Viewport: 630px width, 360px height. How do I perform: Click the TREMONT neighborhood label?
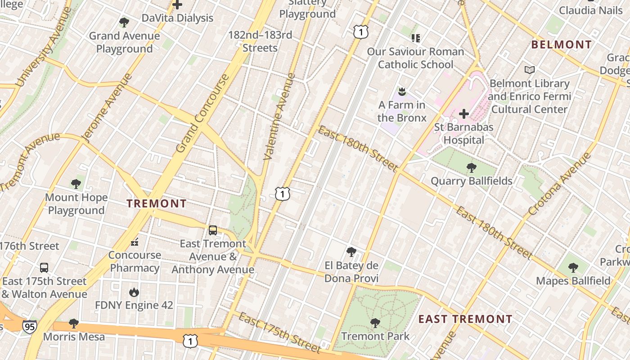[x=156, y=203]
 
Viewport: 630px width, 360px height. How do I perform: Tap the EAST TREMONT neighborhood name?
[x=465, y=319]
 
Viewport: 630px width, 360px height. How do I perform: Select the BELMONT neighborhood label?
[x=561, y=45]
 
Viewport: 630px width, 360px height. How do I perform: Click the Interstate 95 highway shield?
[x=30, y=326]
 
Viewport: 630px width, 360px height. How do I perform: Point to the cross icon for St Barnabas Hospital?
[x=464, y=114]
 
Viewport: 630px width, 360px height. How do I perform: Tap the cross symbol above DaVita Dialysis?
[x=177, y=5]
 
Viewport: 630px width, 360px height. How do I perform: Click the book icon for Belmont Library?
[x=530, y=70]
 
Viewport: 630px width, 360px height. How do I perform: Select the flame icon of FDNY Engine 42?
[x=134, y=292]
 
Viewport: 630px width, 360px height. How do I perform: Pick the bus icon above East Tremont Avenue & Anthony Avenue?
[x=213, y=230]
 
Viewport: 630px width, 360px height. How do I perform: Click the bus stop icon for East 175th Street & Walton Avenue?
[x=44, y=268]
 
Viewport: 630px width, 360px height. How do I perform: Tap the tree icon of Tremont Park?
[x=375, y=323]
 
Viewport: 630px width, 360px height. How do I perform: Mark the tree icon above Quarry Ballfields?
[x=471, y=168]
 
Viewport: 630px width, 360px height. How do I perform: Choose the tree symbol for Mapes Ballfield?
[x=573, y=268]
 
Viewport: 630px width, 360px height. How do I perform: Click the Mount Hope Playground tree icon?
[x=76, y=184]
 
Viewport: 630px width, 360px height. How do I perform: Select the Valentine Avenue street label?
[x=279, y=117]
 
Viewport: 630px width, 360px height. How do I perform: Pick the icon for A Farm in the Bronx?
[x=402, y=92]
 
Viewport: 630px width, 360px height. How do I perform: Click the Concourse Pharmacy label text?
[x=135, y=261]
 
